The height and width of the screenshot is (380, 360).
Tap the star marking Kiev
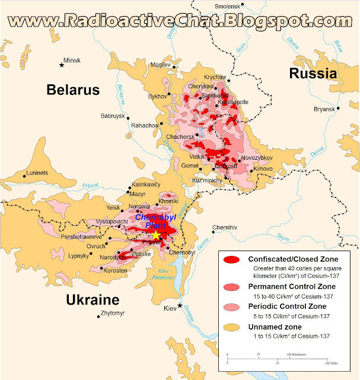(x=180, y=305)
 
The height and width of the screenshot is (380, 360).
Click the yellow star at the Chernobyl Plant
(x=155, y=236)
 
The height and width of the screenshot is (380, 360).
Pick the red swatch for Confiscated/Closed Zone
(x=232, y=259)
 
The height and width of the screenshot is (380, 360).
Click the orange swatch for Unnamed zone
(x=232, y=327)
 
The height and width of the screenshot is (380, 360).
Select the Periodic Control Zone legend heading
(x=286, y=306)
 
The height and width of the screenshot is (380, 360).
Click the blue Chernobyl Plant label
(x=152, y=221)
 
